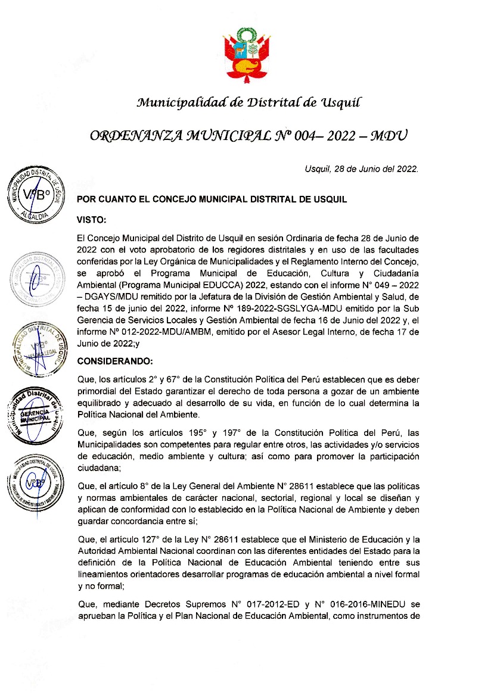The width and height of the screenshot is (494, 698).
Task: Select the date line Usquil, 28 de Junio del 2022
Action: point(361,169)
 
